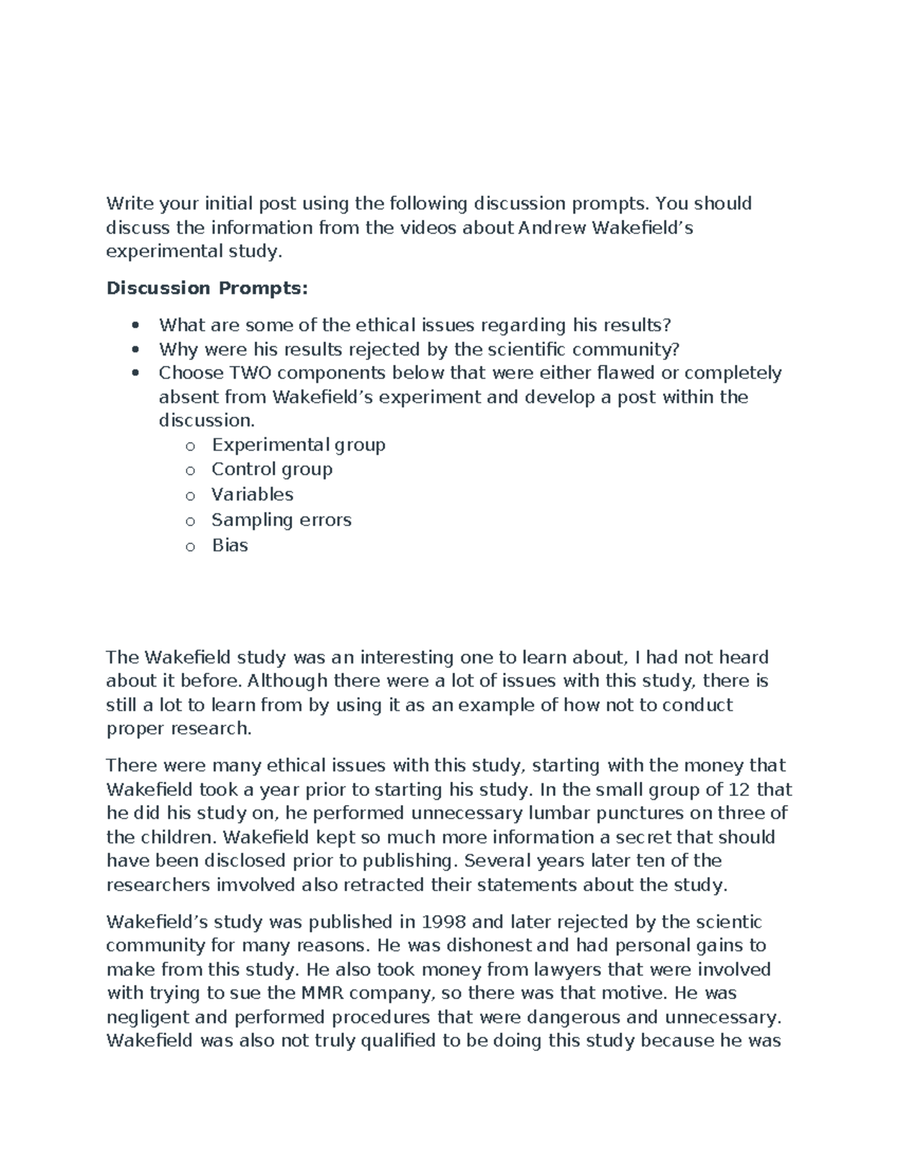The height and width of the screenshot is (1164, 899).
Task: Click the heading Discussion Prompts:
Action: click(x=207, y=288)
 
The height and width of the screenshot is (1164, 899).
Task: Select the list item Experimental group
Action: click(x=298, y=444)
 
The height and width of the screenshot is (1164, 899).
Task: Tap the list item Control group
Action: click(x=271, y=469)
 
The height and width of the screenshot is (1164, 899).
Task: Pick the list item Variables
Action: click(x=252, y=495)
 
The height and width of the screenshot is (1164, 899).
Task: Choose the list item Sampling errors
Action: click(x=281, y=519)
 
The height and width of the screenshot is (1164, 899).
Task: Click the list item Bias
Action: click(x=229, y=545)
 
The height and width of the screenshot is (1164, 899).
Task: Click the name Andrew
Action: click(x=553, y=227)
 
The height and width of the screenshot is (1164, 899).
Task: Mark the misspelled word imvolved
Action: click(x=255, y=885)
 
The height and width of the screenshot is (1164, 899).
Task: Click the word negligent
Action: click(x=151, y=1017)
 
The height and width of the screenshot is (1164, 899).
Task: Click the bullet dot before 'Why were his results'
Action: click(x=136, y=349)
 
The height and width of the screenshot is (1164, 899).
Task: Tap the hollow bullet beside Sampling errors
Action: click(x=190, y=521)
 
